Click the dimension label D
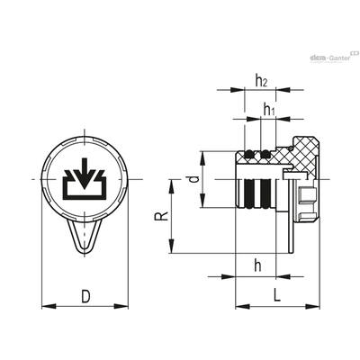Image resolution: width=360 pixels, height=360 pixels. click(x=85, y=296)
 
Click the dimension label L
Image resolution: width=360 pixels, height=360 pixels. click(x=276, y=295)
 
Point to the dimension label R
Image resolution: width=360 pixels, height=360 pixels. click(x=161, y=216)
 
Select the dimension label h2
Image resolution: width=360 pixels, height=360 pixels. click(x=261, y=81)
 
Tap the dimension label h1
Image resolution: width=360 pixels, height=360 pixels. click(x=269, y=109)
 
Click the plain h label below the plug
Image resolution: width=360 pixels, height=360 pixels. click(x=257, y=265)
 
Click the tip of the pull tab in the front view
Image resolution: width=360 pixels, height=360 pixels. click(x=85, y=255)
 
